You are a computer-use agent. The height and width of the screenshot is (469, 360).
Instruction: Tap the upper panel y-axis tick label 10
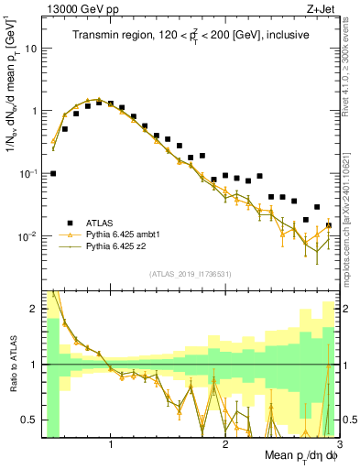coord(30,49)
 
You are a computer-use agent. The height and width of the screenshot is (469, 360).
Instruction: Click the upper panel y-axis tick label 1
coord(33,111)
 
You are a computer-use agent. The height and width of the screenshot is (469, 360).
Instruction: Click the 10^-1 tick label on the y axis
coord(27,172)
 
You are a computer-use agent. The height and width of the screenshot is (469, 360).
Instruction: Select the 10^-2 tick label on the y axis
coord(27,235)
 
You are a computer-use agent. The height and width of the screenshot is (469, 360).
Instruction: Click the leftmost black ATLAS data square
coord(53,173)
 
